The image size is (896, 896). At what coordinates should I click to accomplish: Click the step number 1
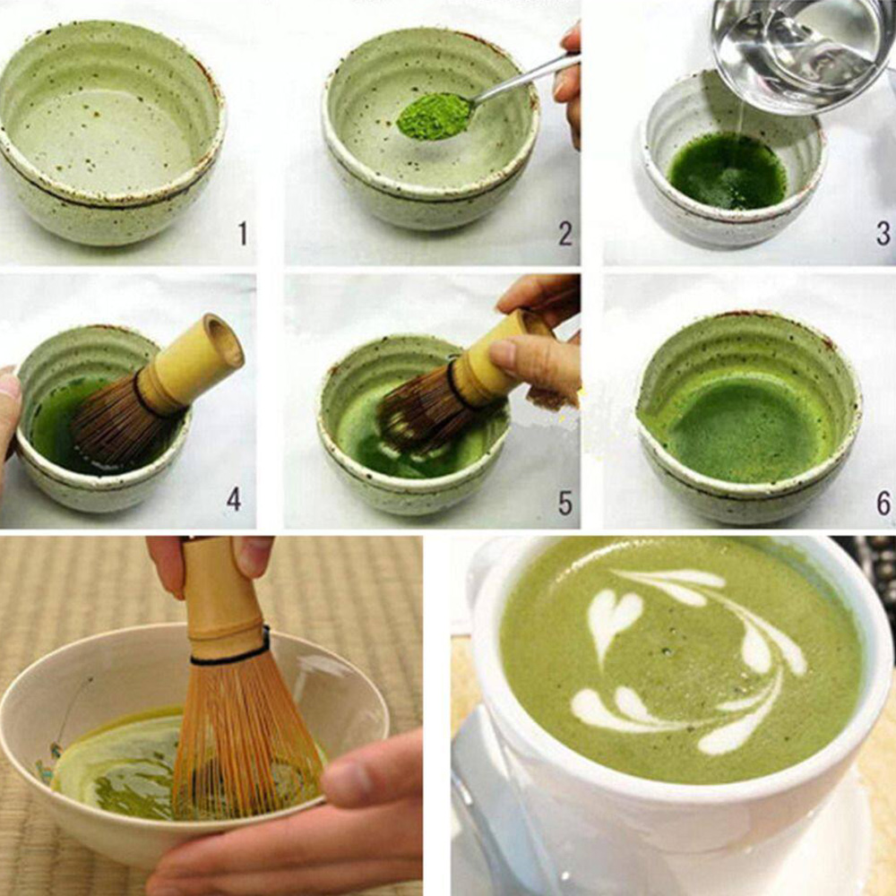(x=242, y=235)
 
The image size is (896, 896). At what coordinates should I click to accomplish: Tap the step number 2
(x=564, y=235)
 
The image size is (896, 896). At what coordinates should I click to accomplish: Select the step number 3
(x=883, y=235)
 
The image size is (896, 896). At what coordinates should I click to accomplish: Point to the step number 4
(x=233, y=499)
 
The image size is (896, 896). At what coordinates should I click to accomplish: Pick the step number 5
(x=564, y=503)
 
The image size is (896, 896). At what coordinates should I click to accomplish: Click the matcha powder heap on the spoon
(x=435, y=116)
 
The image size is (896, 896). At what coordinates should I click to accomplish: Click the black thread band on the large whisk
(x=228, y=657)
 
